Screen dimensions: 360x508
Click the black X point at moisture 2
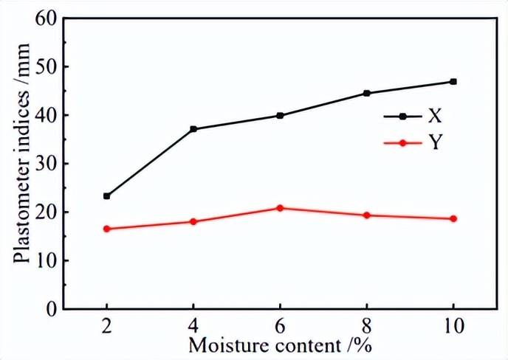(x=107, y=196)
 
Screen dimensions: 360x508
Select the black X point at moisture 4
(x=193, y=129)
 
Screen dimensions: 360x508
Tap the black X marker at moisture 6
(x=280, y=116)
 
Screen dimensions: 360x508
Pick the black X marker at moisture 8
(x=366, y=94)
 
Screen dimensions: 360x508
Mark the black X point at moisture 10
(x=453, y=82)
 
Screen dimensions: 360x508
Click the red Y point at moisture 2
(x=107, y=229)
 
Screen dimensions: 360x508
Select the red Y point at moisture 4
(x=193, y=222)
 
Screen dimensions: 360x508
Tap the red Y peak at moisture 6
(x=280, y=208)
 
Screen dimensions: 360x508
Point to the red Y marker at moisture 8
(x=366, y=215)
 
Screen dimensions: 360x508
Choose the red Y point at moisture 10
(x=453, y=219)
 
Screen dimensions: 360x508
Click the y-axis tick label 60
(x=45, y=18)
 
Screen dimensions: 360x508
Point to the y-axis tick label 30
(x=45, y=164)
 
